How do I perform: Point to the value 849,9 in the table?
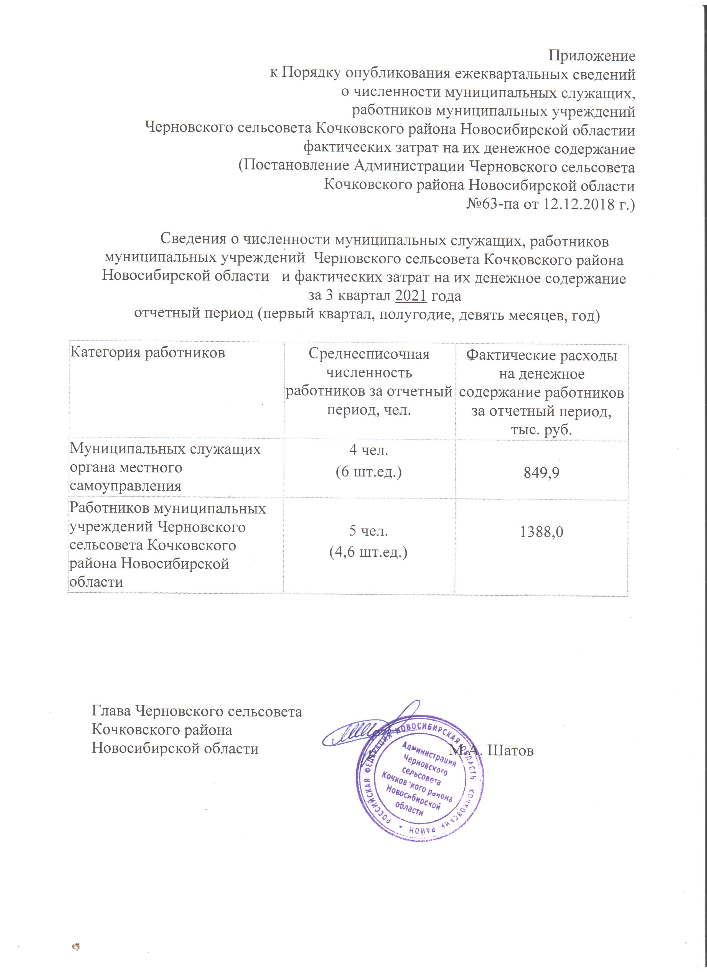[541, 472]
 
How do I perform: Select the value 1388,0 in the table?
[541, 532]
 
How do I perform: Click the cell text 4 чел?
[369, 451]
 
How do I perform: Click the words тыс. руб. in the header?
[541, 429]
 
